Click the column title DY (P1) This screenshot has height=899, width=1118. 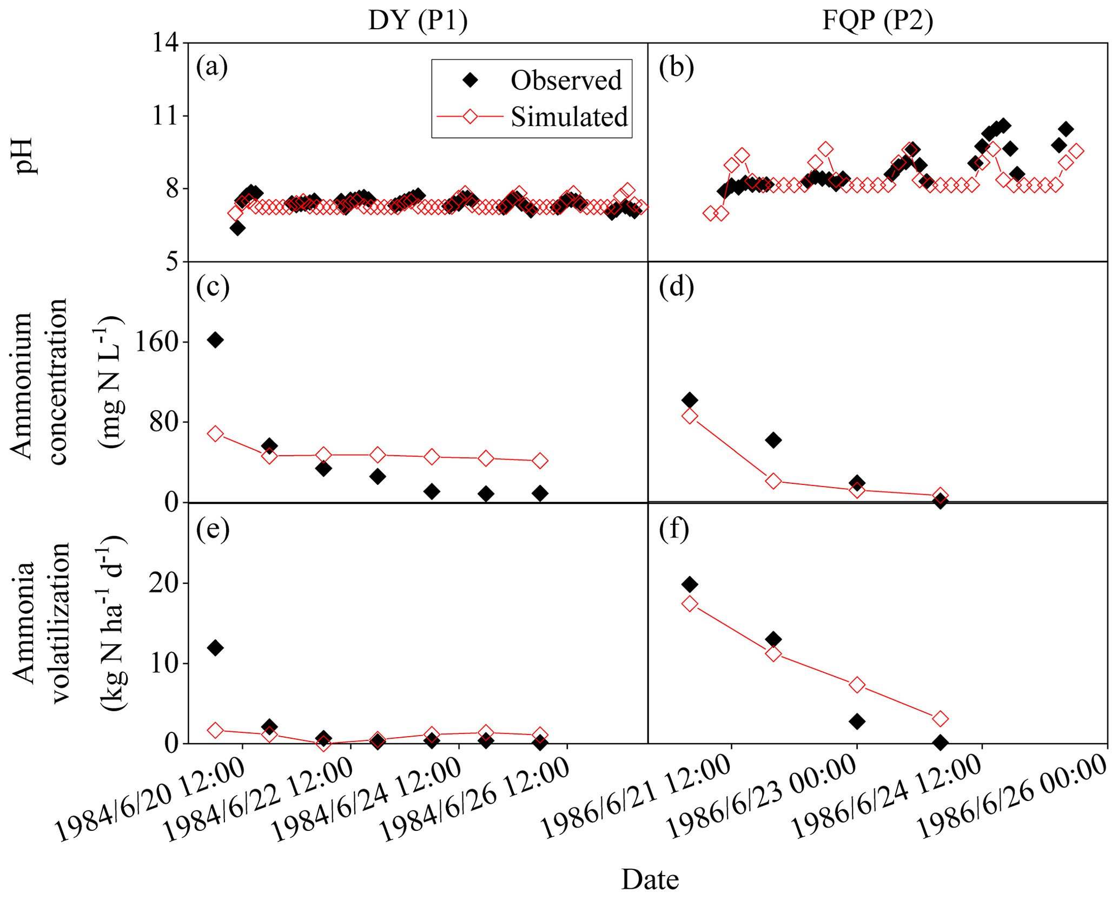click(418, 21)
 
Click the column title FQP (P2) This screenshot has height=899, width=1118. click(877, 21)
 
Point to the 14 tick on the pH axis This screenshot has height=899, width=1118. click(166, 42)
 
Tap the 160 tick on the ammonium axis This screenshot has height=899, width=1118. click(157, 342)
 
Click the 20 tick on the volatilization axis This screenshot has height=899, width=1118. click(164, 583)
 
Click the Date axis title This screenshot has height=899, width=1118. click(650, 879)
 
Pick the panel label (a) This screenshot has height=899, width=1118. click(212, 67)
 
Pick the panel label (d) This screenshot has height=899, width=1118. click(676, 287)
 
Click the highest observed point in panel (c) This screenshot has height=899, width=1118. click(215, 340)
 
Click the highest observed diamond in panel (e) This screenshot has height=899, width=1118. click(215, 648)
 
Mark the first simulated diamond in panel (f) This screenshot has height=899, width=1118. click(690, 604)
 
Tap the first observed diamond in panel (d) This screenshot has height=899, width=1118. click(690, 401)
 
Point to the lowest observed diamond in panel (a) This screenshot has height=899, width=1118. click(237, 228)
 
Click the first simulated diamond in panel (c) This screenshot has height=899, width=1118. click(215, 434)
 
